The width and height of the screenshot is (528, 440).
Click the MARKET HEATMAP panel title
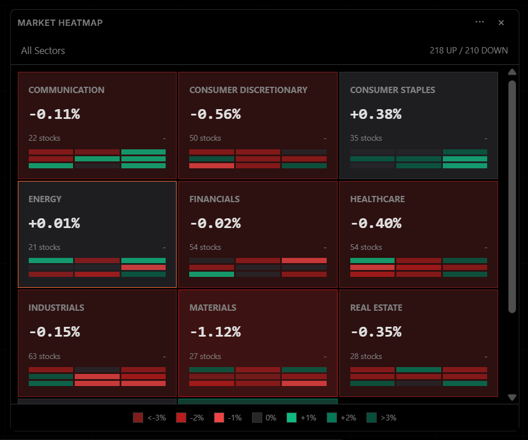click(60, 23)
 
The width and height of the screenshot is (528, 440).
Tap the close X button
click(501, 23)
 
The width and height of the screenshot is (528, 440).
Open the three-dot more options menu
click(480, 22)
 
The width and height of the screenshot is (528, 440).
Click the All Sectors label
click(43, 51)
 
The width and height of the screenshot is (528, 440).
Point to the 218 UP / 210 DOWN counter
click(468, 51)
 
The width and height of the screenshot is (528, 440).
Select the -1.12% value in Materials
click(215, 332)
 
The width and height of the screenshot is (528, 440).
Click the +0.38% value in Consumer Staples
click(376, 114)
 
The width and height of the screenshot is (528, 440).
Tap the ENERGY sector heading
click(45, 199)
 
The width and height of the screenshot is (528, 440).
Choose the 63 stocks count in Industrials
click(44, 357)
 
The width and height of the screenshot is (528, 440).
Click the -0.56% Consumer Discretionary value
click(215, 114)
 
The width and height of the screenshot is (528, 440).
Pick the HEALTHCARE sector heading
click(377, 199)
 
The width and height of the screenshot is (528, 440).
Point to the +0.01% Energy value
click(54, 223)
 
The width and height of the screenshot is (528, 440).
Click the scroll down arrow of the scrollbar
click(512, 397)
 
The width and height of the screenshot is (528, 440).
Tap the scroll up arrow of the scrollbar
click(512, 72)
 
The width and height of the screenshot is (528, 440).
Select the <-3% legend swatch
click(138, 418)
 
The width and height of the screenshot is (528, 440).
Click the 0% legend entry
click(257, 418)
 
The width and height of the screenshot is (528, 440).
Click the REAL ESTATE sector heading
click(376, 308)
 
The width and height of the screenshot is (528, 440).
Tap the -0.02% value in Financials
click(215, 223)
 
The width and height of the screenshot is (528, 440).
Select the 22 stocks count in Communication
click(44, 138)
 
